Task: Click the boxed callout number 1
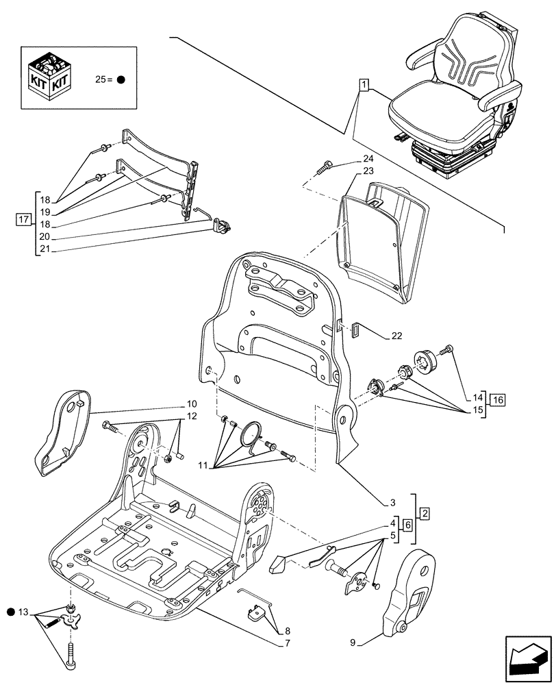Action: tap(364, 85)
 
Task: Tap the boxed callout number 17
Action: tap(24, 220)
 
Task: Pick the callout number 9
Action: tap(354, 642)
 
